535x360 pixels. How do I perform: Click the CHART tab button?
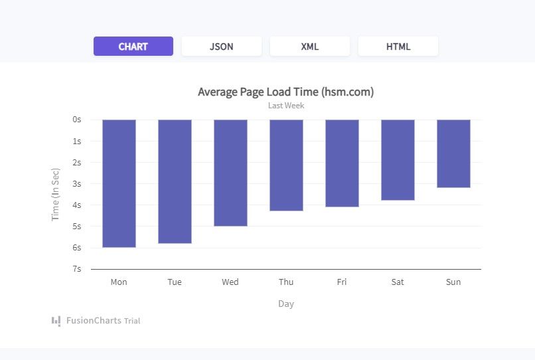(x=133, y=46)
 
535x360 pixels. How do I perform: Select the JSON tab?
(x=222, y=46)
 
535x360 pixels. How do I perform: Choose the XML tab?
(x=310, y=46)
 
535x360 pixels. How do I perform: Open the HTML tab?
(x=398, y=46)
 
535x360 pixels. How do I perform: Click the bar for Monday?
(x=119, y=183)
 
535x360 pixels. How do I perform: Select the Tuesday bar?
(x=175, y=181)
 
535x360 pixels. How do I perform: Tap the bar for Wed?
(x=230, y=173)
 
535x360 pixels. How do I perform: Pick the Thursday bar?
(x=286, y=165)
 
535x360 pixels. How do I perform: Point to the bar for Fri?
(x=342, y=163)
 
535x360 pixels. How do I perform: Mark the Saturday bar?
(x=398, y=160)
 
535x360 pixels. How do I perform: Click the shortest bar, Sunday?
(x=453, y=153)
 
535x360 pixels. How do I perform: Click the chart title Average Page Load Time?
(x=285, y=92)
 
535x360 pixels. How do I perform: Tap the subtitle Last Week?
(x=286, y=106)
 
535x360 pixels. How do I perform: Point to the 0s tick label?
(x=76, y=120)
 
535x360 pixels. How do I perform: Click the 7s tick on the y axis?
(x=76, y=269)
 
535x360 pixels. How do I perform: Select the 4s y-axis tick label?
(x=76, y=205)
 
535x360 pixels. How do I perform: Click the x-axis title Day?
(x=286, y=304)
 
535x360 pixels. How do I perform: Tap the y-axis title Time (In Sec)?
(x=56, y=194)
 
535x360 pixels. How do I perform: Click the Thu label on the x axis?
(x=286, y=282)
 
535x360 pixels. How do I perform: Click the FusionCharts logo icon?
(x=56, y=321)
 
